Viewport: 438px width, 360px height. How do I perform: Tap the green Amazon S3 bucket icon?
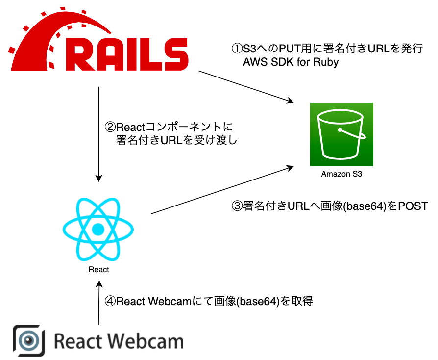[341, 134]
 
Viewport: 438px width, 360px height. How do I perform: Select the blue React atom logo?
[98, 229]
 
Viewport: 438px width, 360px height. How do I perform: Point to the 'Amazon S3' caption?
[341, 174]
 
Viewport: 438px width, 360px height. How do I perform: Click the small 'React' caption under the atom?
[99, 269]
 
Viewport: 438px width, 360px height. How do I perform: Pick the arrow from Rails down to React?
[99, 132]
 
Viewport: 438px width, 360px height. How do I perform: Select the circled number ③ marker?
[237, 206]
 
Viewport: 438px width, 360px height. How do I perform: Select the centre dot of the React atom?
[98, 229]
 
